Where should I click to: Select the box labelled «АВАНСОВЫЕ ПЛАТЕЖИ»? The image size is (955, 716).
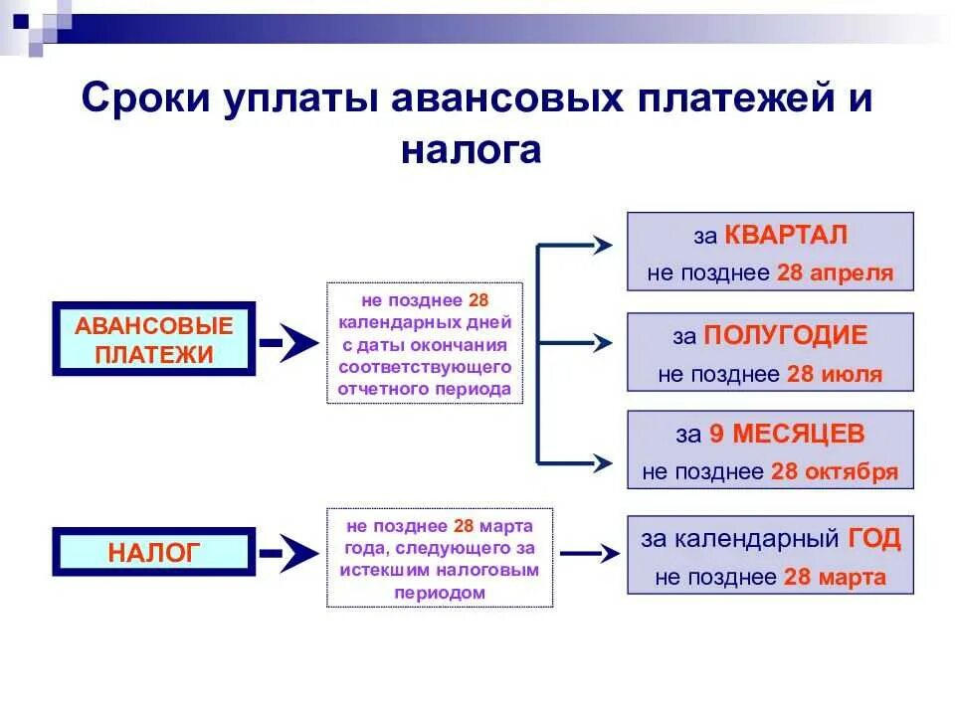coord(154,339)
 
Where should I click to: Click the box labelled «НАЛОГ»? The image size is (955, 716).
coord(154,553)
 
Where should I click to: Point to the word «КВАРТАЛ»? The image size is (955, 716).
coord(786,235)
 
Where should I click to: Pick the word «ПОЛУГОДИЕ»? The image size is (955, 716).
coord(785,335)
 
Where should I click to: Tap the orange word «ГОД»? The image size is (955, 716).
coord(874,539)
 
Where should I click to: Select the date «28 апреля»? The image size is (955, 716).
coord(836,272)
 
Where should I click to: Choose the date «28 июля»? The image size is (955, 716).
coord(835,374)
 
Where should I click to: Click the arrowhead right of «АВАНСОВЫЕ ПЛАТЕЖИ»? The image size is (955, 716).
coord(297,341)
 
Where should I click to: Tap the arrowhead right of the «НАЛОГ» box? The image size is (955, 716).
coord(297,554)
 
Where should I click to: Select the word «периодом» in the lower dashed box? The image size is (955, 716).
coord(439,592)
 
